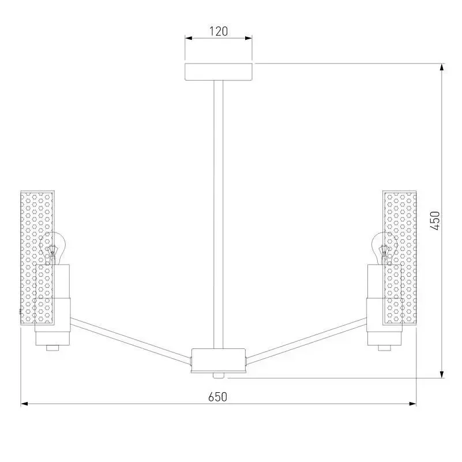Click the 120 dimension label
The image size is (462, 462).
click(x=219, y=31)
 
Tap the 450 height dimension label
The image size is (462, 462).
click(x=435, y=221)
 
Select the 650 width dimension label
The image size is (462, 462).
click(x=218, y=397)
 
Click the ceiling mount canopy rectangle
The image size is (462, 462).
click(x=219, y=72)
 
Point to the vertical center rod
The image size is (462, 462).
click(x=219, y=215)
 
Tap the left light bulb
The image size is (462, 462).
click(x=52, y=248)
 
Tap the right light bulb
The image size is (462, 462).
click(x=384, y=248)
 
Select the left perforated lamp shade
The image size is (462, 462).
click(x=37, y=258)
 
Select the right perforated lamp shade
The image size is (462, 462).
click(x=399, y=258)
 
